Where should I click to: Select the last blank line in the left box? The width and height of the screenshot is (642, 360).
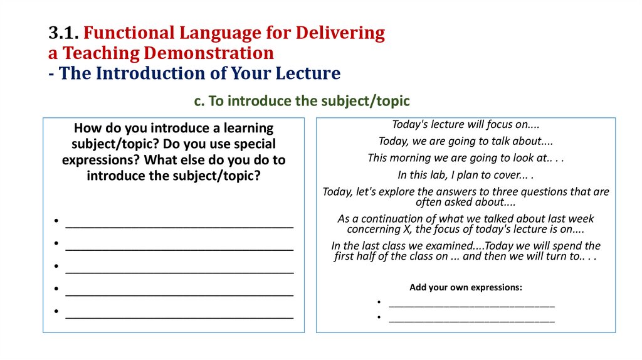point(179,313)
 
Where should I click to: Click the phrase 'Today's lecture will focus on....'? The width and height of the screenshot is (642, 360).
point(466,124)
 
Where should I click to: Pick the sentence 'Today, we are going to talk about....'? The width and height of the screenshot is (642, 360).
point(466,141)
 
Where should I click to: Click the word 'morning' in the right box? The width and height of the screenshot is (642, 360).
point(411,158)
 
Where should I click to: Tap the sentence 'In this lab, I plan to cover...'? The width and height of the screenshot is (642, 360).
point(466,175)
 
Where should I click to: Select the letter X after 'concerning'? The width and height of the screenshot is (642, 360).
point(408,229)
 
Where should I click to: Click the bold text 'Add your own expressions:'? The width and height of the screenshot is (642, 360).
point(466,287)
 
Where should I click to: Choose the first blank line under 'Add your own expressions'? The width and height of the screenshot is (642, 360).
point(471,303)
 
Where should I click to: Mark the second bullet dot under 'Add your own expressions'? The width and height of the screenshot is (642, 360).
point(379,317)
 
